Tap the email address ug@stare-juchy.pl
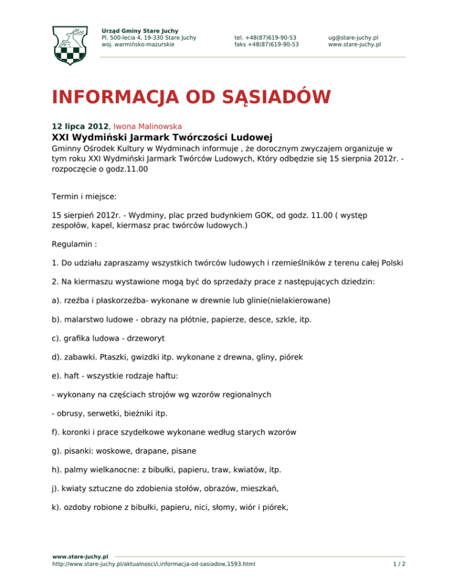tap(354, 37)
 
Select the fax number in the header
tap(266, 44)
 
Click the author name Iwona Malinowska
tap(147, 126)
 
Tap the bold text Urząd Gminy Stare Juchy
tap(140, 31)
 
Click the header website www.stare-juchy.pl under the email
tap(354, 44)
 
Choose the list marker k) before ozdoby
tap(58, 508)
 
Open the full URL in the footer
tap(154, 564)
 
